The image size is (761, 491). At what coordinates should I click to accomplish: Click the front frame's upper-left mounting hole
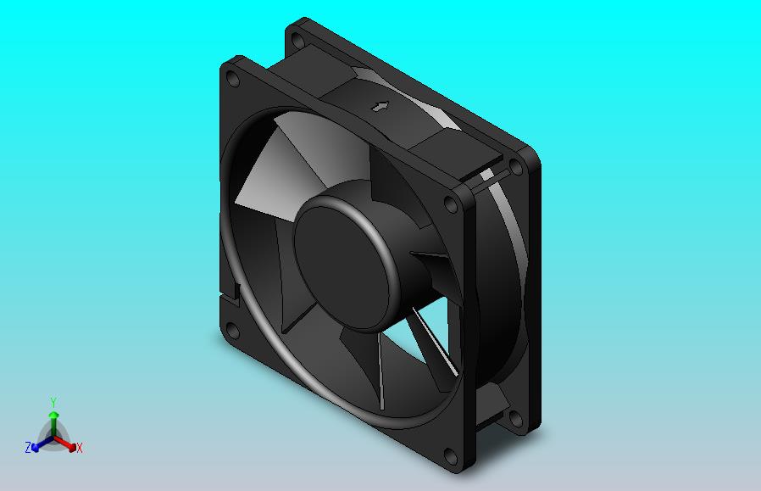233,79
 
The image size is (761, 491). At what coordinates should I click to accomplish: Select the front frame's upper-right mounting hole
452,204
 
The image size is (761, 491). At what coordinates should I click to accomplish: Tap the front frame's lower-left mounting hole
233,332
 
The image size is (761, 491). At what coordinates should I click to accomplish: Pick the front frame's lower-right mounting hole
451,456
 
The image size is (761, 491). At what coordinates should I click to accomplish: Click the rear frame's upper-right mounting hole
516,167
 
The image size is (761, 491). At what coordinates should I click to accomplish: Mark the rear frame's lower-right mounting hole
516,419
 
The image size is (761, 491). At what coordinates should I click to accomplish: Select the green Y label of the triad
53,402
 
